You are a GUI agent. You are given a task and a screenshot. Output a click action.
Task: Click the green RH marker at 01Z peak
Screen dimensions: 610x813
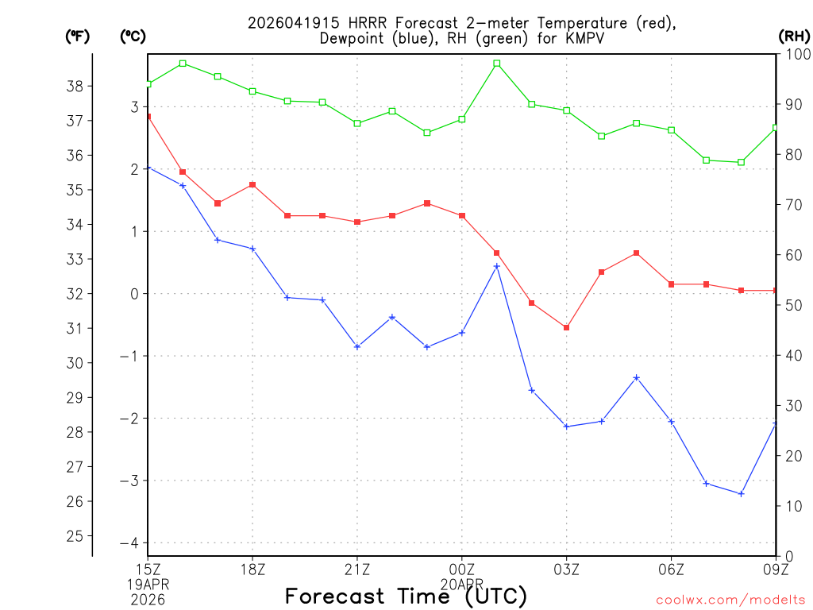pyautogui.click(x=497, y=64)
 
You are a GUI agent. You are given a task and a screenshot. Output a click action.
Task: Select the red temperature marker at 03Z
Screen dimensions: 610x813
pyautogui.click(x=567, y=327)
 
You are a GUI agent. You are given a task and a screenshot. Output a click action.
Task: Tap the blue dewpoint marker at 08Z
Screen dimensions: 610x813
pyautogui.click(x=742, y=494)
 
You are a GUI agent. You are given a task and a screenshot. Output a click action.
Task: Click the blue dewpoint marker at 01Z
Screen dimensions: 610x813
pyautogui.click(x=497, y=266)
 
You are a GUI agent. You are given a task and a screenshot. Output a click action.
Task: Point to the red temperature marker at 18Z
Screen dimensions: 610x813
pyautogui.click(x=252, y=185)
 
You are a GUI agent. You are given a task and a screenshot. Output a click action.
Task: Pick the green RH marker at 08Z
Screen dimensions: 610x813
pyautogui.click(x=742, y=162)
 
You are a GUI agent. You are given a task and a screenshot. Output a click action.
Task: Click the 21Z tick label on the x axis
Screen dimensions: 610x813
pyautogui.click(x=357, y=569)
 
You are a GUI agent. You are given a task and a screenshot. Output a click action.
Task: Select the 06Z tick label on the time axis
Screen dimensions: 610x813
pyautogui.click(x=672, y=569)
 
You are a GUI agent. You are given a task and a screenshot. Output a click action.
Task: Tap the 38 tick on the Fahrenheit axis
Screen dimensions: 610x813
pyautogui.click(x=78, y=86)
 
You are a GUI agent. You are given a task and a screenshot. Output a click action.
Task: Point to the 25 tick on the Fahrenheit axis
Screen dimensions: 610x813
pyautogui.click(x=78, y=536)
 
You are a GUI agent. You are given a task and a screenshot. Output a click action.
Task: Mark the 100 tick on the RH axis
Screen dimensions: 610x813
pyautogui.click(x=794, y=54)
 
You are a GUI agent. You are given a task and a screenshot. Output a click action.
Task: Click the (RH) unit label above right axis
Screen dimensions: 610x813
pyautogui.click(x=793, y=36)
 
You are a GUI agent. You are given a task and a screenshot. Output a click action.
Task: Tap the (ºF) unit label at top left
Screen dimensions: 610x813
pyautogui.click(x=77, y=36)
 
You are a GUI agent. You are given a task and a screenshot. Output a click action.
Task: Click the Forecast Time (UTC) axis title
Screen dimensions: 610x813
pyautogui.click(x=406, y=596)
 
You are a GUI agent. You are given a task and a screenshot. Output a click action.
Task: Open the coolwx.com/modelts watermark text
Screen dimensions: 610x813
pyautogui.click(x=730, y=600)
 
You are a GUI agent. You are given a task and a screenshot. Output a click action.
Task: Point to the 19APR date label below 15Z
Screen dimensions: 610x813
pyautogui.click(x=148, y=584)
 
